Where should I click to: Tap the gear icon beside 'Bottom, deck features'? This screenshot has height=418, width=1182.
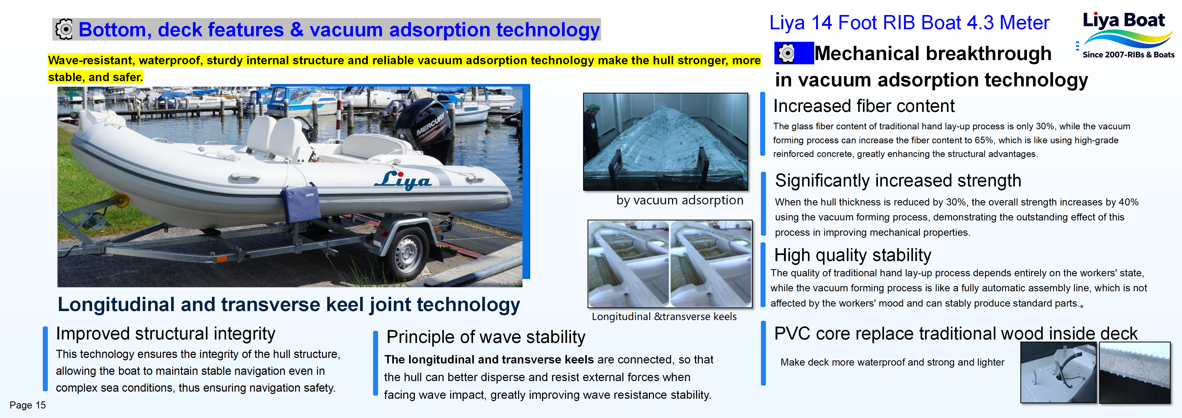64,29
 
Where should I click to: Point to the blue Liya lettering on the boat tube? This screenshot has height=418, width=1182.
403,180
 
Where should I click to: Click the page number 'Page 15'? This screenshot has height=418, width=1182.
28,405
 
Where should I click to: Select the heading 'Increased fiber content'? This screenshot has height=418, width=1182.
863,106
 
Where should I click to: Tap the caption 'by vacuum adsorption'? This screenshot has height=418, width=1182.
679,200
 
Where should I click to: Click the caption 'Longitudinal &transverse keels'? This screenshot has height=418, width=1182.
664,317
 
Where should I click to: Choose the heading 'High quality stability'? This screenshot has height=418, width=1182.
853,255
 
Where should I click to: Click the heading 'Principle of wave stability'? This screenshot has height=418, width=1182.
485,337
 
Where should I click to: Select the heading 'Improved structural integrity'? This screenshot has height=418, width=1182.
165,333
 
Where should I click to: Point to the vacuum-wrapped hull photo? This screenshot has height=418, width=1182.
665,141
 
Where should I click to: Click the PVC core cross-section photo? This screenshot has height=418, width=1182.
1134,372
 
